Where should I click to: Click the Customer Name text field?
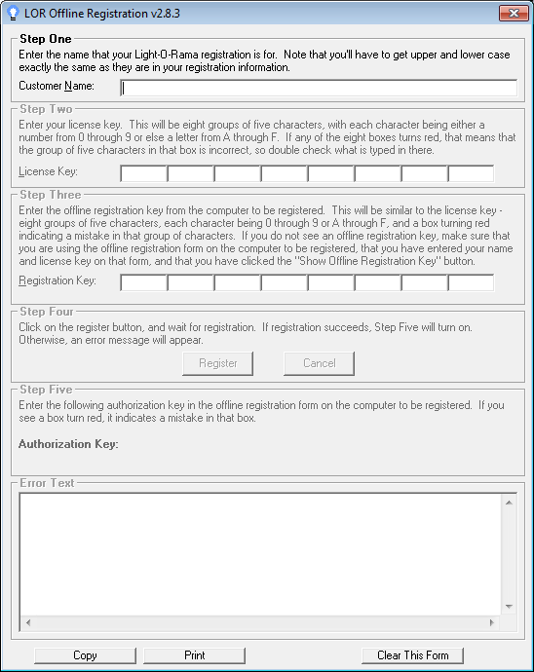coord(319,87)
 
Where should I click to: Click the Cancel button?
coord(319,363)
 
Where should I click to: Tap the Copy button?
coord(85,655)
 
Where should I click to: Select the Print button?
coord(194,655)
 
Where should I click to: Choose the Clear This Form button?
coord(412,655)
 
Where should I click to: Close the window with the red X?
coord(514,13)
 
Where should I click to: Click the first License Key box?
coord(143,173)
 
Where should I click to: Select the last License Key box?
coord(471,173)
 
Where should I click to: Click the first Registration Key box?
coord(143,282)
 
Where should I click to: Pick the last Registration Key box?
coord(471,282)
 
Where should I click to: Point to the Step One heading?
coord(46,39)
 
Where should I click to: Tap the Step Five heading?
coord(46,390)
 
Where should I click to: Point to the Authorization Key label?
coord(68,444)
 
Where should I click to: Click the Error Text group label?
coord(47,482)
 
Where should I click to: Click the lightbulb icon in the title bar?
coord(13,13)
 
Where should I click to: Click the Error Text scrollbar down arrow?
coord(508,606)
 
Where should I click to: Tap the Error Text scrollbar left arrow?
coord(27,621)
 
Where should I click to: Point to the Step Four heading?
coord(46,312)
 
